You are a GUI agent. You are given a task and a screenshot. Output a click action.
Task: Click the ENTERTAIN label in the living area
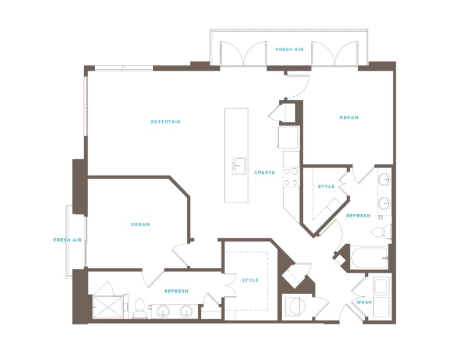coord(166,122)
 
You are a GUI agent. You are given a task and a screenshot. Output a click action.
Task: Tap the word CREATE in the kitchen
coord(265,172)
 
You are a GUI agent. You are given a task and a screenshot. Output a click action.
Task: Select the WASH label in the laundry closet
coord(364,302)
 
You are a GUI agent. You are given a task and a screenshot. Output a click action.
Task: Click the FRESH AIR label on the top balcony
coord(290,50)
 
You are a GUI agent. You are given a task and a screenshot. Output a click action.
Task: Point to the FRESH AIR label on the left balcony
coord(67,240)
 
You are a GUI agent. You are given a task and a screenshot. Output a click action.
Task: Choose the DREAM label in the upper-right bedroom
coord(349,118)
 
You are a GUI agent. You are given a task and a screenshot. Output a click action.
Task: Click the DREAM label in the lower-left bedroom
coord(141,225)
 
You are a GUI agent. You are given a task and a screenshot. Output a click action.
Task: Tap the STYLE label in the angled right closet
coord(327,187)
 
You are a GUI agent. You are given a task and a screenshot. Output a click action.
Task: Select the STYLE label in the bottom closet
coord(250,280)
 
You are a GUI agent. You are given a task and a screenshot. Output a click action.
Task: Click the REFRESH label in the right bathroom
coord(358,216)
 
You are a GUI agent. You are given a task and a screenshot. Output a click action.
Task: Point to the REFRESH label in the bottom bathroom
coord(176,291)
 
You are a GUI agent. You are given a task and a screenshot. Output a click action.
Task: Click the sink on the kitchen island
coord(239,166)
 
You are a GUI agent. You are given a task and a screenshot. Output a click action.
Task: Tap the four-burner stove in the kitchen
coord(291,176)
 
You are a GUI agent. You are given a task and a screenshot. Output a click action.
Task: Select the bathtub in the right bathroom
coord(369,257)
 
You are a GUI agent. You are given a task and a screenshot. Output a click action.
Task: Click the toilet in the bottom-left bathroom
coord(139,308)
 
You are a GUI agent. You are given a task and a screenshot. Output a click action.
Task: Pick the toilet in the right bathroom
coord(381,231)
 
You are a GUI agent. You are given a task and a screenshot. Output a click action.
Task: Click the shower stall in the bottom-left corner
coord(108,307)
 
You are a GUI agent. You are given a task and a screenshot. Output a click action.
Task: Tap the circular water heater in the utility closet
coord(297,306)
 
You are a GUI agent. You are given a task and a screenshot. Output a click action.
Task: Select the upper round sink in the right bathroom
coord(385,178)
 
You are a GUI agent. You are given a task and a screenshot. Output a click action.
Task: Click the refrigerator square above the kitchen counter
coord(288,138)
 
